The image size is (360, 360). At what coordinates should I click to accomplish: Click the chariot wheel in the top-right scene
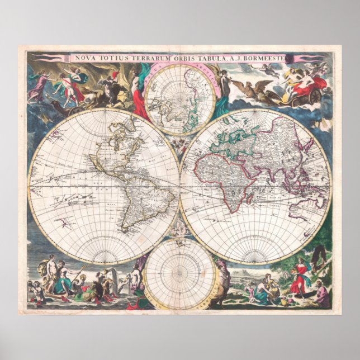click(315, 96)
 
